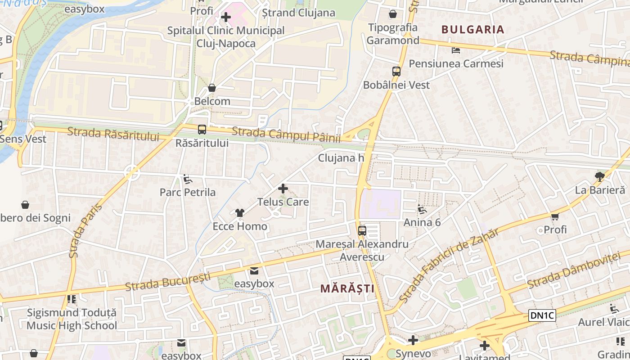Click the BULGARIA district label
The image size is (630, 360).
[x=472, y=30]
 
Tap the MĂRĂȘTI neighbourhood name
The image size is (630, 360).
[x=347, y=288]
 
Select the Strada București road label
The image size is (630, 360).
[x=167, y=281]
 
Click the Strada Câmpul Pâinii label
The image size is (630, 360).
[x=286, y=135]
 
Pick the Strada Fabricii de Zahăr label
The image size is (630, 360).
[x=449, y=265]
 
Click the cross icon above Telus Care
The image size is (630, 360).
[x=283, y=189]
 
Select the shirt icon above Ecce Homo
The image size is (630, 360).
[x=239, y=213]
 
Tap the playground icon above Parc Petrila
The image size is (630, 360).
[x=188, y=180]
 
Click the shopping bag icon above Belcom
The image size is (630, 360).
[x=212, y=88]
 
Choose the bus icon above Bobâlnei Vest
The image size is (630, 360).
[x=396, y=71]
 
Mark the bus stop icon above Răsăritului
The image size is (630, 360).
[x=202, y=130]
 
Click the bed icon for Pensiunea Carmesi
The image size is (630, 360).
[x=456, y=50]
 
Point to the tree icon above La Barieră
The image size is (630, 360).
[x=599, y=176]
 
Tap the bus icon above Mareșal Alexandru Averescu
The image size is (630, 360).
[x=362, y=231]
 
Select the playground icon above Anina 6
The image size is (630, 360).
[x=422, y=209]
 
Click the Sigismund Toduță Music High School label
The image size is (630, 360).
[x=72, y=319]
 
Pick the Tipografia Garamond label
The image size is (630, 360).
[x=393, y=34]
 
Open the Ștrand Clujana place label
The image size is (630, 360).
[x=298, y=13]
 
